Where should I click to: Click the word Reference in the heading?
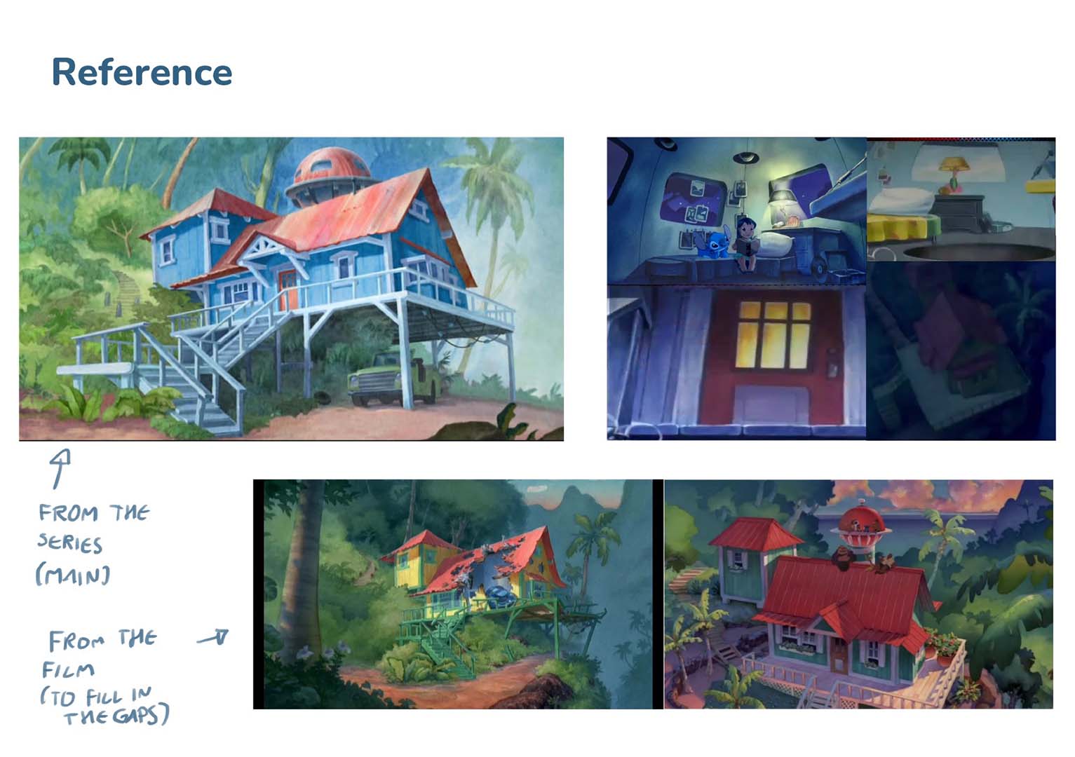142,72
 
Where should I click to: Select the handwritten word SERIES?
69,543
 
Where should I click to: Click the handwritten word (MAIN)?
72,575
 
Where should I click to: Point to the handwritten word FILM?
67,670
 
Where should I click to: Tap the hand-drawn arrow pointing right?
213,638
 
